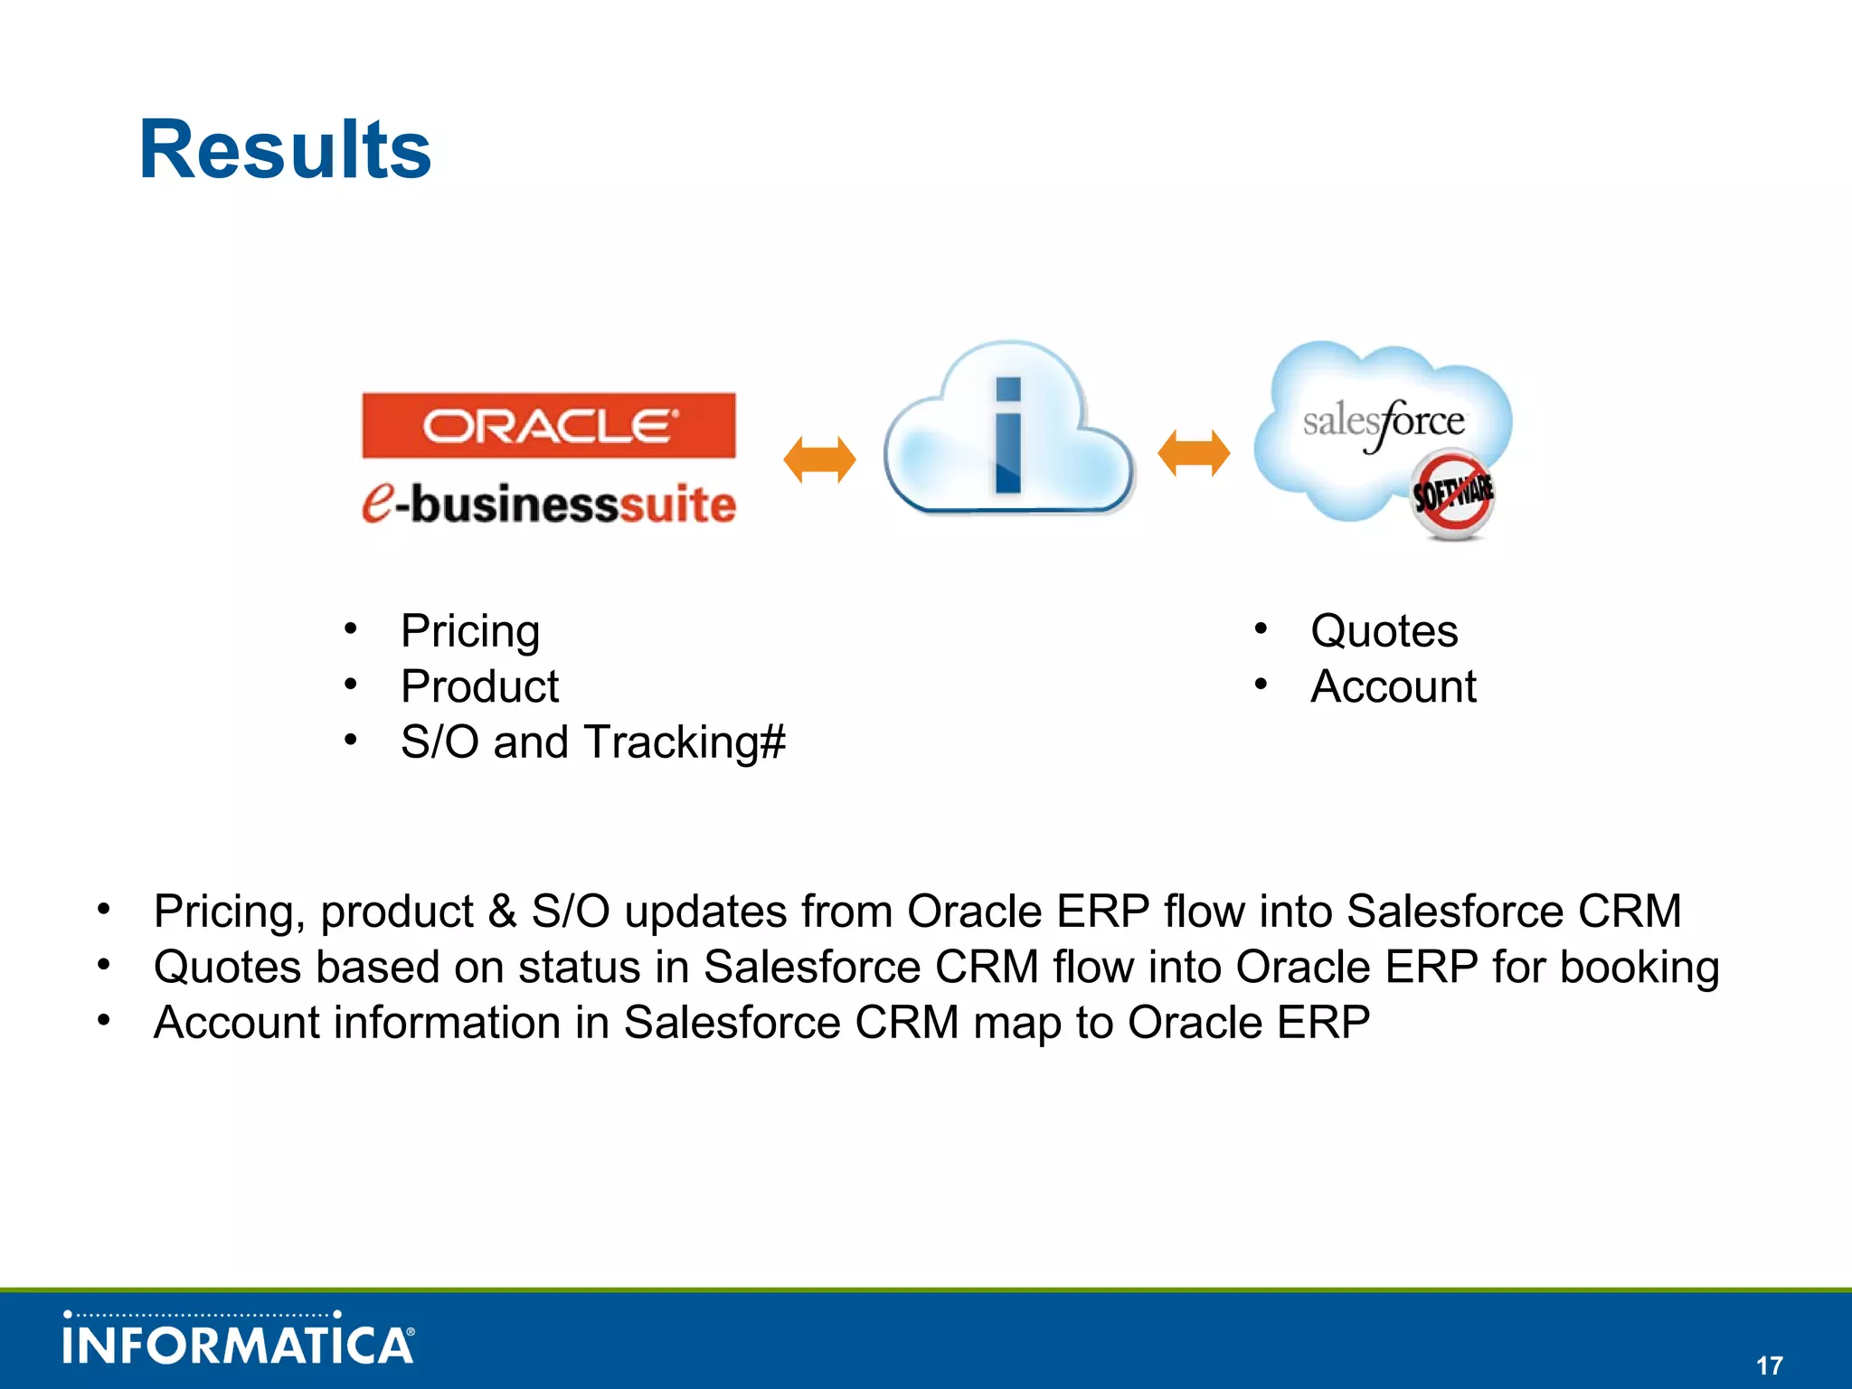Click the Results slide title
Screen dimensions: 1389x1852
pyautogui.click(x=285, y=150)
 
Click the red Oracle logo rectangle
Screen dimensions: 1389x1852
pyautogui.click(x=549, y=425)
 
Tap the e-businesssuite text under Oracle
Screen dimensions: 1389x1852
pyautogui.click(x=549, y=504)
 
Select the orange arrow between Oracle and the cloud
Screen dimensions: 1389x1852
pyautogui.click(x=819, y=459)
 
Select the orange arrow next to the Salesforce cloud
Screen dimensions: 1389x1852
pyautogui.click(x=1194, y=452)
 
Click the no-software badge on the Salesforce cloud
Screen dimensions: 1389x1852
pyautogui.click(x=1452, y=496)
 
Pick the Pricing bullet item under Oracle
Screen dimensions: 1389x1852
pyautogui.click(x=470, y=631)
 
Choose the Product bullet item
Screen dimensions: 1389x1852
pyautogui.click(x=479, y=686)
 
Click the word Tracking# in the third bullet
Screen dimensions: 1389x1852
pyautogui.click(x=685, y=742)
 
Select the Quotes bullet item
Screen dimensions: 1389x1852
pyautogui.click(x=1384, y=631)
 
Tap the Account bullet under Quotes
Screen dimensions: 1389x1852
pyautogui.click(x=1393, y=686)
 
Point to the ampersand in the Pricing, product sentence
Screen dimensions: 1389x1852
pyautogui.click(x=502, y=912)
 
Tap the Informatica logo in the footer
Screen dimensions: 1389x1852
pyautogui.click(x=239, y=1343)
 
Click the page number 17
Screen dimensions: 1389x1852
pyautogui.click(x=1769, y=1365)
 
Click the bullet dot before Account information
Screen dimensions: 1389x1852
pyautogui.click(x=104, y=1020)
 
